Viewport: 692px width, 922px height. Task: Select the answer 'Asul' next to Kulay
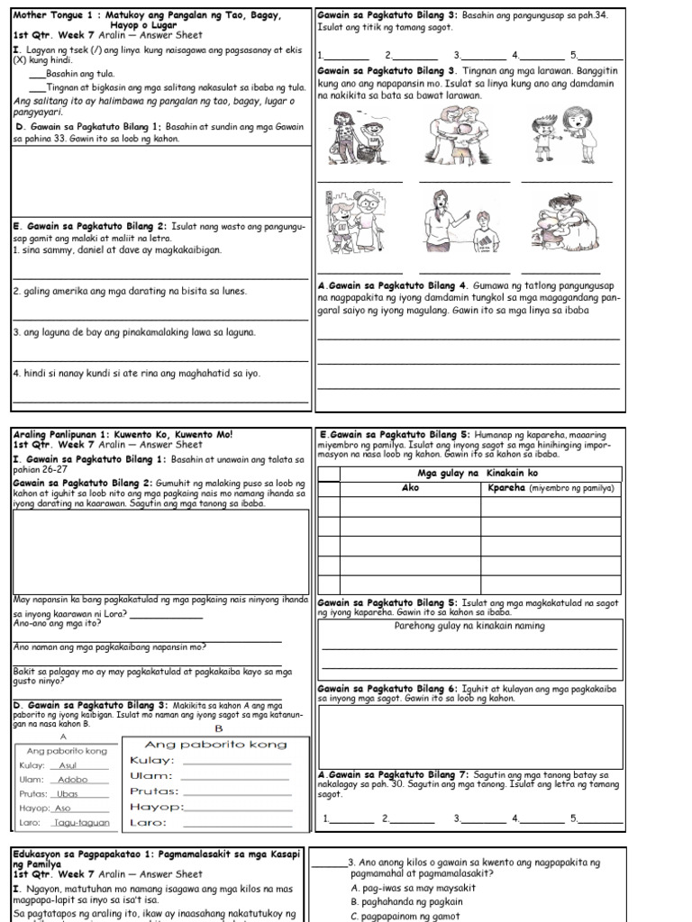tap(68, 765)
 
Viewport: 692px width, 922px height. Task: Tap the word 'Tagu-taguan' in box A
tap(80, 822)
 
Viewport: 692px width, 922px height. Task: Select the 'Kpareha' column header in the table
tap(550, 488)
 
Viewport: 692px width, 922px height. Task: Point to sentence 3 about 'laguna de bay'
tap(135, 332)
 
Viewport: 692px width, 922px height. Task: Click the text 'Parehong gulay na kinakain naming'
tap(469, 626)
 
